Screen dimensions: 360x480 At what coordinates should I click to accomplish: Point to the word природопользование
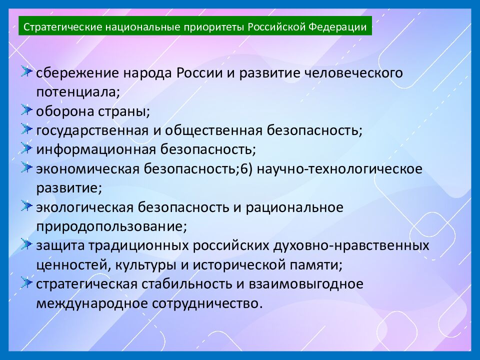coord(110,226)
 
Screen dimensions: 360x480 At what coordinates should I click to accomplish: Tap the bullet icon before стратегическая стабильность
coord(27,283)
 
